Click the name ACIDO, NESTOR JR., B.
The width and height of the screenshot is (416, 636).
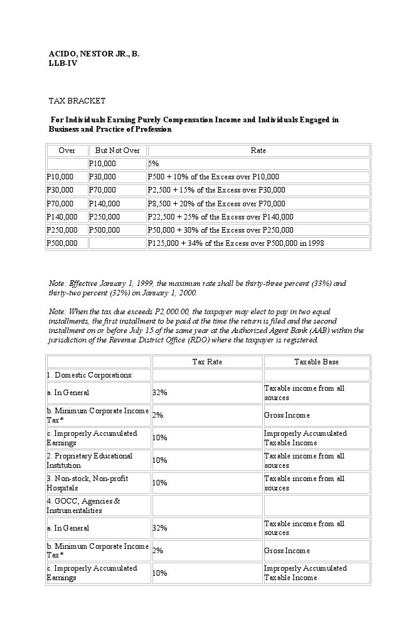point(94,54)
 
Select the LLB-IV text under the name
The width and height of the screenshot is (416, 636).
point(63,63)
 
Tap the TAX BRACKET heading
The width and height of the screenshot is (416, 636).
point(77,100)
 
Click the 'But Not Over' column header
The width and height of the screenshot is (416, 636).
point(117,151)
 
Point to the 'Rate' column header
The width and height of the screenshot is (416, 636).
point(258,151)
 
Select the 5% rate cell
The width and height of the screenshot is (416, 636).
point(154,164)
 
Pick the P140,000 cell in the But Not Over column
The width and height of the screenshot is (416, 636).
point(104,203)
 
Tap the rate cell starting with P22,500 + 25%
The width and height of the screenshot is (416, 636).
point(220,216)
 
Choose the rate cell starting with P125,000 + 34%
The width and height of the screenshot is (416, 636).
point(236,243)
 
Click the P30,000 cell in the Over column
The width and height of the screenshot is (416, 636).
point(60,190)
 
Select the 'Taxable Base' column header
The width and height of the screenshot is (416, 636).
point(316,362)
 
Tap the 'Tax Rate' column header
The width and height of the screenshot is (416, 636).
point(207,362)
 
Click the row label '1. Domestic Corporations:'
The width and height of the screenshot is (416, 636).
point(90,375)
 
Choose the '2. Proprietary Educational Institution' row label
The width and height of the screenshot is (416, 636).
point(89,460)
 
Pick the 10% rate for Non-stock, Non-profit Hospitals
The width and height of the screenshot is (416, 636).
point(159,483)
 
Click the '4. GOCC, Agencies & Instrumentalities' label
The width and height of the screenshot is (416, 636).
point(83,506)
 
